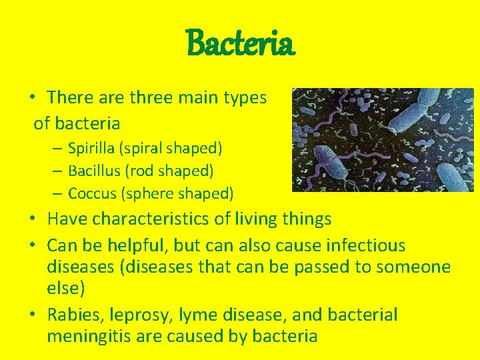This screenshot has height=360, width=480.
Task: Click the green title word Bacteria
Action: tap(240, 44)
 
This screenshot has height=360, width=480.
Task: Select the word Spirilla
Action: tap(91, 147)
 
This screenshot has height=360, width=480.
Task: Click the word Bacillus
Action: tap(94, 171)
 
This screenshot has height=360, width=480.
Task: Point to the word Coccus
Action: tap(92, 194)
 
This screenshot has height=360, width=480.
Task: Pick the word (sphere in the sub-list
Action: tap(143, 194)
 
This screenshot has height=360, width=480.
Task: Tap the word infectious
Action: tap(365, 245)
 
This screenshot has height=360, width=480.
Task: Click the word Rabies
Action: tap(73, 315)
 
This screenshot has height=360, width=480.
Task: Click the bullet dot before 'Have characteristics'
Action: tap(32, 219)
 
